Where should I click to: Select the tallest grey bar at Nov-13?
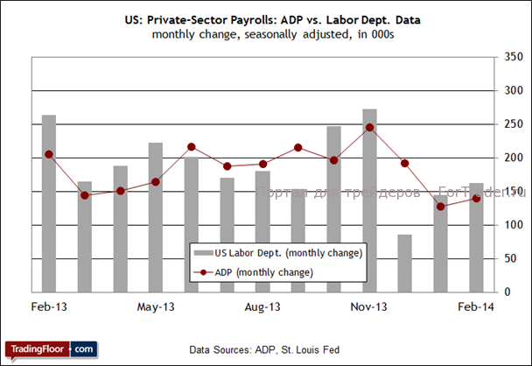tap(370, 201)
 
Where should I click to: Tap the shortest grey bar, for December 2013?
tap(405, 263)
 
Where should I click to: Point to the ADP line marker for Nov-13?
tap(370, 128)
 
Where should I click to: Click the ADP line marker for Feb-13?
tap(49, 154)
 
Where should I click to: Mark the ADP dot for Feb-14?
tap(476, 199)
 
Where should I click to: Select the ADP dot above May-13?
tap(156, 182)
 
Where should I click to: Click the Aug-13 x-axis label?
tap(262, 307)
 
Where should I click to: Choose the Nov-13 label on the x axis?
tap(369, 307)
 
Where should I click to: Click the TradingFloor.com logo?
tap(50, 348)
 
